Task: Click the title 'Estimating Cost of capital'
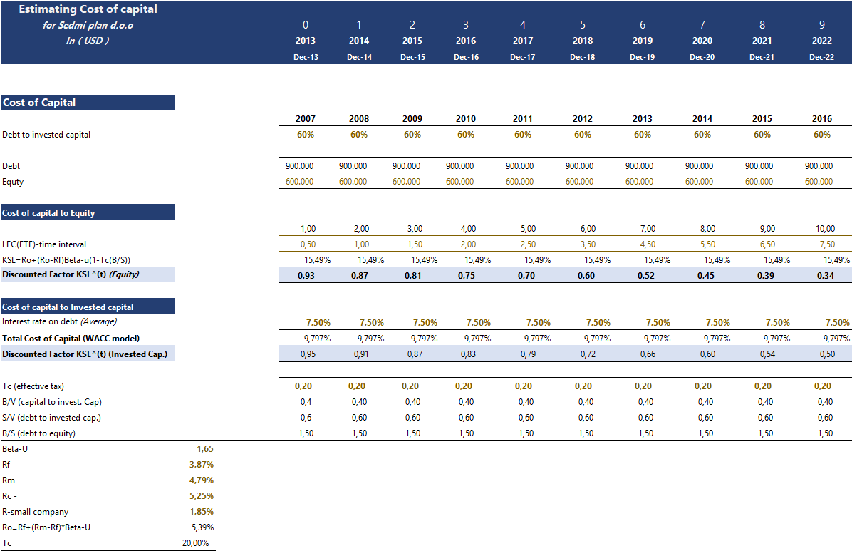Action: pos(88,9)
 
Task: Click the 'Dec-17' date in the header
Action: pos(522,57)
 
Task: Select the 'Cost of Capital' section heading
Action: pos(39,103)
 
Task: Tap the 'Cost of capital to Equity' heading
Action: pos(48,212)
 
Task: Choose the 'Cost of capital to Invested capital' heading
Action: pos(68,307)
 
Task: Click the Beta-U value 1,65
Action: pos(204,449)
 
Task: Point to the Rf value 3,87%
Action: pos(202,465)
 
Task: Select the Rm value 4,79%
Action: pos(202,480)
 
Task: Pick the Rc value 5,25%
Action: pos(202,496)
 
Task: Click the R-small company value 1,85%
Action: pos(202,512)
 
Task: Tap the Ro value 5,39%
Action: pos(203,527)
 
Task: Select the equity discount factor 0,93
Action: pos(306,275)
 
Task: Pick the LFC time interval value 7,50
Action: pos(824,244)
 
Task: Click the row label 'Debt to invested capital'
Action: pos(46,135)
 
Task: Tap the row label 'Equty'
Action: pos(13,182)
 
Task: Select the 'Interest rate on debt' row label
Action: pos(49,322)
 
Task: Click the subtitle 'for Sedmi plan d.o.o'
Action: pos(88,26)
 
